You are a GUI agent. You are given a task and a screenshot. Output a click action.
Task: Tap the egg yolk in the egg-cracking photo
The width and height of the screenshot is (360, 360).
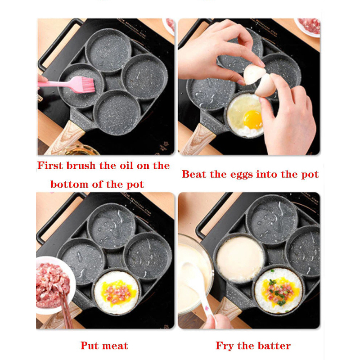pyautogui.click(x=253, y=120)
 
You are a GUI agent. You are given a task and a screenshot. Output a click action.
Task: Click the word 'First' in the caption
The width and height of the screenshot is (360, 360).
pyautogui.click(x=50, y=166)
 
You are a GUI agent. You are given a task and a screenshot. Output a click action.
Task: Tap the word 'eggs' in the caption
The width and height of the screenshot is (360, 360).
pyautogui.click(x=242, y=175)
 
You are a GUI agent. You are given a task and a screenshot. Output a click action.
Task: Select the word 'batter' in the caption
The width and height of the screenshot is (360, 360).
pyautogui.click(x=274, y=346)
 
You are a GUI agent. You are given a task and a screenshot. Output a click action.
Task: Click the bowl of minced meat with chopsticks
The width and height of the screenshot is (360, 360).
pyautogui.click(x=55, y=285)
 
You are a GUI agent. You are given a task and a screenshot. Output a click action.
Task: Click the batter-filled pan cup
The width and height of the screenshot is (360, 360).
pyautogui.click(x=240, y=258)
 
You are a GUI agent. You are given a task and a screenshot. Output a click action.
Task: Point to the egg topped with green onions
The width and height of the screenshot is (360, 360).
pyautogui.click(x=278, y=291)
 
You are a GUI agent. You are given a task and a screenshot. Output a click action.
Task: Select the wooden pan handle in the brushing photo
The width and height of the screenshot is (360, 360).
pyautogui.click(x=64, y=139)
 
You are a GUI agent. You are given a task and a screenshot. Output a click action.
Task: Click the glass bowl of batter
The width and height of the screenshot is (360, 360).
pyautogui.click(x=195, y=274)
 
